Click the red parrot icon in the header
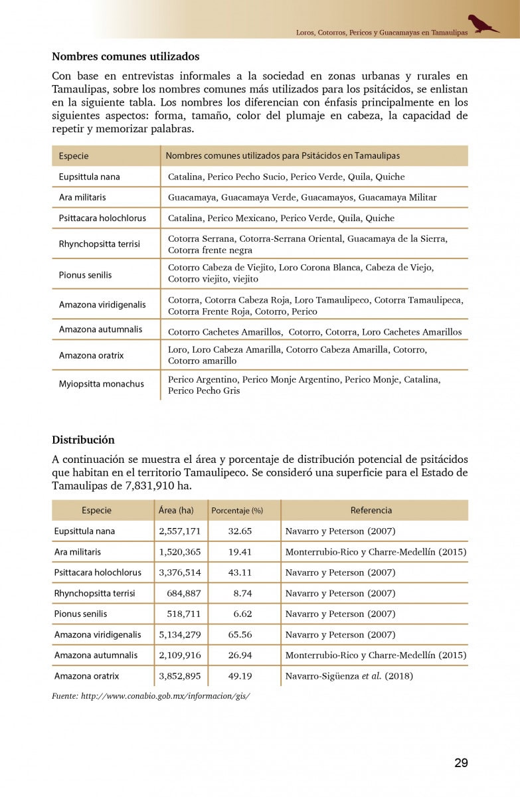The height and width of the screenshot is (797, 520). (x=483, y=24)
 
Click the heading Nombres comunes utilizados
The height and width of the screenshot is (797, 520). (x=126, y=57)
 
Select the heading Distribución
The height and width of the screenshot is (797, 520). (x=83, y=440)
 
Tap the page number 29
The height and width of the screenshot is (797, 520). (x=461, y=763)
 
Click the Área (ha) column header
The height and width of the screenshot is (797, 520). (x=176, y=510)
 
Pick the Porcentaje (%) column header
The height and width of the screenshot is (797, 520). (x=237, y=511)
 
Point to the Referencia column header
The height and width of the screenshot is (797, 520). (x=371, y=510)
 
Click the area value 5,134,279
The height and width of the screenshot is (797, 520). (x=179, y=634)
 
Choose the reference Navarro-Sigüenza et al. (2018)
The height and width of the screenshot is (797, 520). (x=349, y=676)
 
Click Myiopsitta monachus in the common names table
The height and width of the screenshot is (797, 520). (x=101, y=384)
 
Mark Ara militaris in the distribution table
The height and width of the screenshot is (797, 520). (x=78, y=552)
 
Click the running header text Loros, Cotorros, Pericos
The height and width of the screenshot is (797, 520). (x=381, y=32)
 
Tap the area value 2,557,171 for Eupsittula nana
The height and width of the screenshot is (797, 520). (x=179, y=531)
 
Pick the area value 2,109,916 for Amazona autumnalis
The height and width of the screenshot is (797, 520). (x=179, y=655)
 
